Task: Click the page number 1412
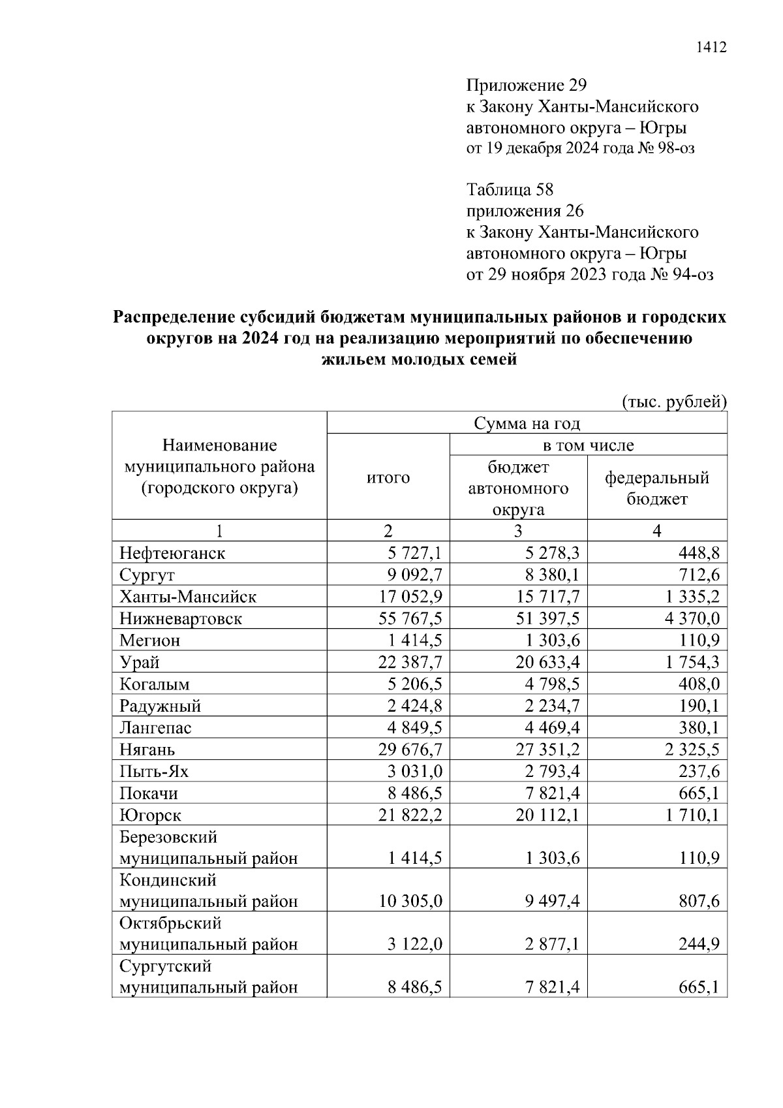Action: click(x=711, y=48)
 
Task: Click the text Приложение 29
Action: click(x=527, y=86)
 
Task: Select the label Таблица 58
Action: click(x=510, y=190)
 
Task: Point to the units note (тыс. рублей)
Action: click(x=674, y=402)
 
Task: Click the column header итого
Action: click(x=388, y=478)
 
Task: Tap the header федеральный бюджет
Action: click(x=657, y=488)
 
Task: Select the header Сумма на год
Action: click(x=527, y=423)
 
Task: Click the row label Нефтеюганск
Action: click(x=172, y=553)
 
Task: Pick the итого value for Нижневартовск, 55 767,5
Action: click(x=409, y=618)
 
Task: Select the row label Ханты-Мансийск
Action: click(x=188, y=597)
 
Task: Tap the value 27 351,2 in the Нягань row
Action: click(x=547, y=750)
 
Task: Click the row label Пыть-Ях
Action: click(x=154, y=772)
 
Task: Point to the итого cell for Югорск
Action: click(x=409, y=815)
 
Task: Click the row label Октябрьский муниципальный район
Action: click(x=208, y=934)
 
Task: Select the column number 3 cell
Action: click(x=518, y=531)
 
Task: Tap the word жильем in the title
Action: click(x=353, y=360)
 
